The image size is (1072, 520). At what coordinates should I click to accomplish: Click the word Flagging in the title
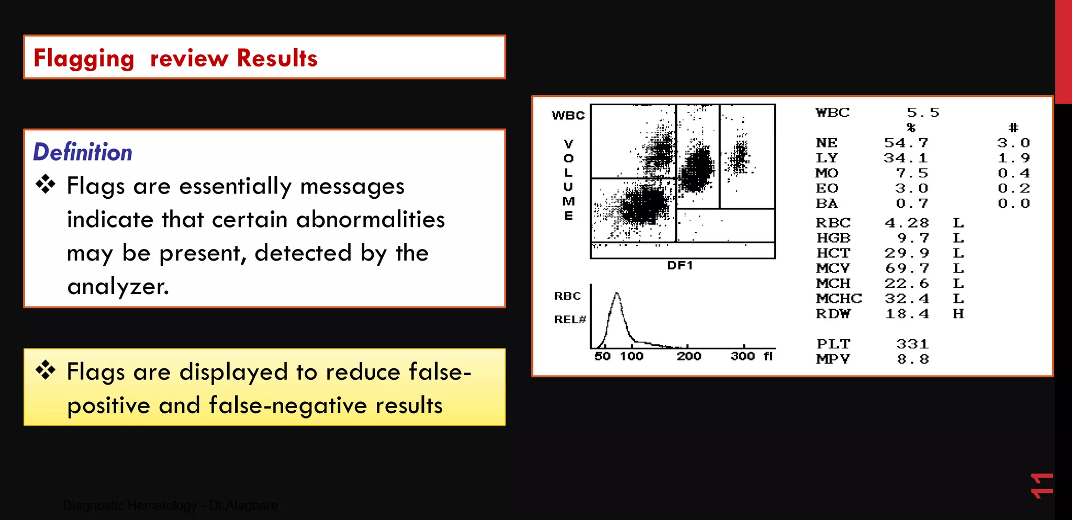tap(84, 59)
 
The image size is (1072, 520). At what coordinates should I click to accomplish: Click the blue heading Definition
tap(83, 152)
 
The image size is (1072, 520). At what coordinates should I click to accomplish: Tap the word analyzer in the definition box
tap(118, 287)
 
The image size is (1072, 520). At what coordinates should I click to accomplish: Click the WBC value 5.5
tap(923, 113)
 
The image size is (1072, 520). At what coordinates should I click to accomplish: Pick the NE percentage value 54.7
tap(906, 143)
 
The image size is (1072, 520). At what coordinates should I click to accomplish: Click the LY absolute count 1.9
tap(1013, 158)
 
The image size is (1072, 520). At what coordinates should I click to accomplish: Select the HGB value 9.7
tap(913, 238)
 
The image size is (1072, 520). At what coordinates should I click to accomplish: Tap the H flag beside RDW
tap(958, 314)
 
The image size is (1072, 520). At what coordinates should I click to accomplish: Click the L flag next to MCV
tap(958, 268)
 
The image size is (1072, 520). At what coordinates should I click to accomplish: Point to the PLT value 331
tap(912, 344)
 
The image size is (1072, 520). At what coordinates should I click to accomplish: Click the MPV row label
tap(833, 359)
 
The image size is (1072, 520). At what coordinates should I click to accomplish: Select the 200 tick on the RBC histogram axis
tap(688, 356)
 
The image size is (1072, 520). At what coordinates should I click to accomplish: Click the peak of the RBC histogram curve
tap(617, 294)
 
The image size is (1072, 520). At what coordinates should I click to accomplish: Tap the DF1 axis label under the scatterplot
tap(679, 266)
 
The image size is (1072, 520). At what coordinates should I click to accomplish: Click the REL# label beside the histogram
tap(569, 320)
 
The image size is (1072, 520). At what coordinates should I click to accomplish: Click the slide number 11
tap(1042, 485)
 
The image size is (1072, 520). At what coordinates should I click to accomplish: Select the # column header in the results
tap(1013, 128)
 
